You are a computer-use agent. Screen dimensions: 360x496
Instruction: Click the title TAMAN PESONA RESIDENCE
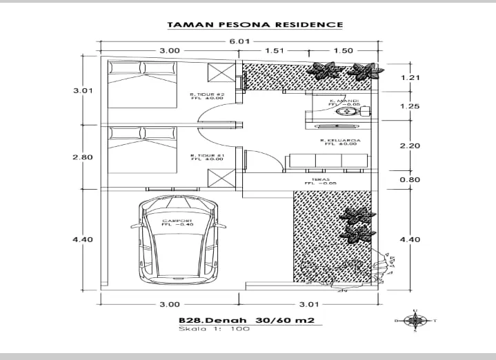(255, 25)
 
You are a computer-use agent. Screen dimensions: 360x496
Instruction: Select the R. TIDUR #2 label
(208, 96)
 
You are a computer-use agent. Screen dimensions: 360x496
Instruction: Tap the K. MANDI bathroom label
(344, 101)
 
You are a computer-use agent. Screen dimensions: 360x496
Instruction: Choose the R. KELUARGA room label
(338, 142)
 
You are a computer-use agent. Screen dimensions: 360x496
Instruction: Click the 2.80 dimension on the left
(83, 157)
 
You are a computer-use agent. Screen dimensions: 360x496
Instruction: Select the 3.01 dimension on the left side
(83, 90)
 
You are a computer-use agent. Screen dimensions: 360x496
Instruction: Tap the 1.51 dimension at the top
(275, 50)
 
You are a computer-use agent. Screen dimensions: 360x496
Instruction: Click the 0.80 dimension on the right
(410, 180)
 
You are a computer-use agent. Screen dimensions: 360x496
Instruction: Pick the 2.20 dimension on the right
(410, 146)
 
